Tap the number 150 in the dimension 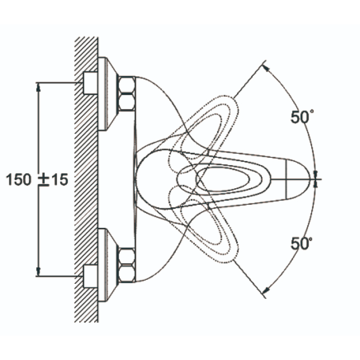(19, 179)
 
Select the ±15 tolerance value (53, 179)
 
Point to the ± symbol (44, 180)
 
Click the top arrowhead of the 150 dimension (39, 87)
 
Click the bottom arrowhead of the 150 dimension (39, 272)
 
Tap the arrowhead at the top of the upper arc (266, 68)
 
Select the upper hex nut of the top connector (127, 85)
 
